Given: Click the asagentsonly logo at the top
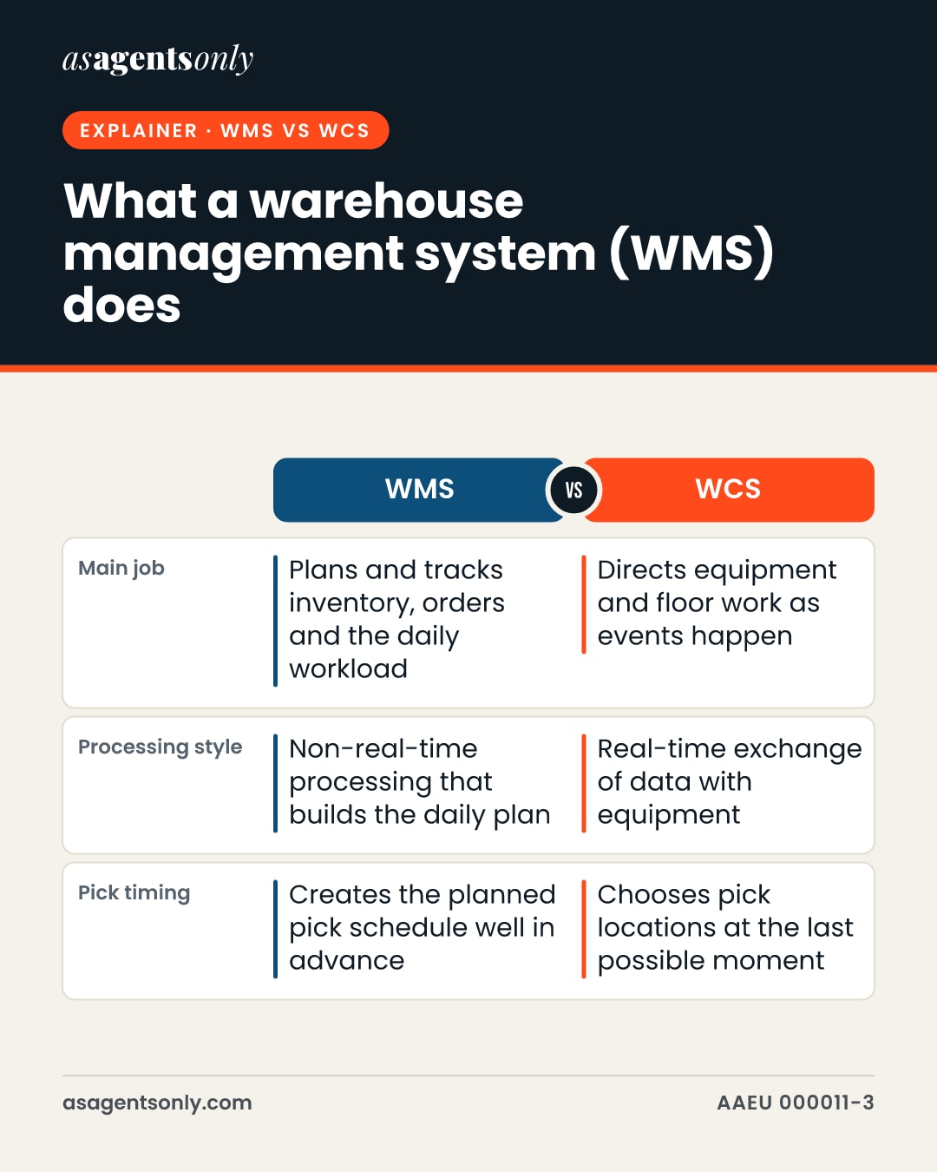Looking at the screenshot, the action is (x=158, y=59).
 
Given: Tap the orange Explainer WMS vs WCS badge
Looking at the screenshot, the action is (x=226, y=130).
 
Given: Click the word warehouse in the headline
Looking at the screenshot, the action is (x=386, y=201).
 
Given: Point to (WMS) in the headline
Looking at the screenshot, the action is (x=691, y=253).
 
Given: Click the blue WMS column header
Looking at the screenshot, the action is (x=419, y=490).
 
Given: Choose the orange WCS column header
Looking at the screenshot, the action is (x=729, y=490).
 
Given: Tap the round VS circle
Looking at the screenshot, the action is (x=573, y=491).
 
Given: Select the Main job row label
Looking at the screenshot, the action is (x=121, y=569).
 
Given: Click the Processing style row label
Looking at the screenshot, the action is (x=160, y=747).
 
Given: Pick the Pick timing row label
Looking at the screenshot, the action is (x=134, y=892).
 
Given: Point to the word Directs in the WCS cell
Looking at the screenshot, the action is (x=642, y=570).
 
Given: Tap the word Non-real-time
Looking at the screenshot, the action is (x=383, y=749).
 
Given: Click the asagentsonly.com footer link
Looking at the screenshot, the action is (x=157, y=1103).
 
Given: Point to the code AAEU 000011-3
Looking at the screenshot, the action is (x=796, y=1103).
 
